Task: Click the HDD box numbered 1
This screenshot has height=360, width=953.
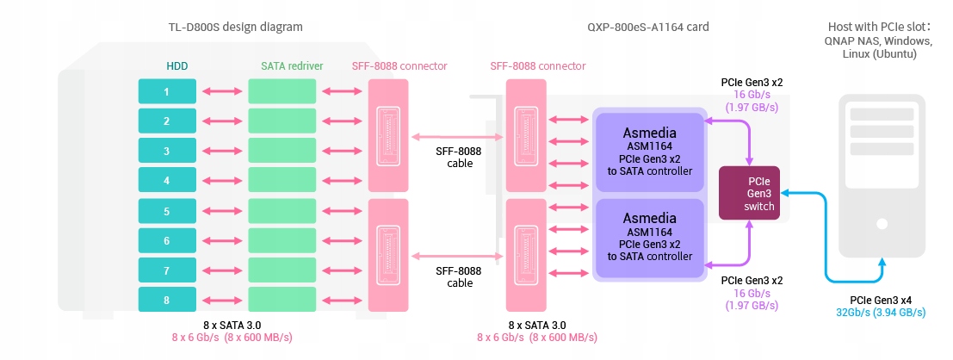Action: coord(167,91)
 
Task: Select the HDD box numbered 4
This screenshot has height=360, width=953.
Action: coord(167,181)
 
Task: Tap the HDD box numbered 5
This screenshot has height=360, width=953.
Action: coord(167,211)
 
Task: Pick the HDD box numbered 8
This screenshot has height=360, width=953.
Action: coord(167,301)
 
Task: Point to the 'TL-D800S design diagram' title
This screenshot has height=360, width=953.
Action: coord(235,27)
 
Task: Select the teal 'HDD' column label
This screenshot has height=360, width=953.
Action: coord(177,65)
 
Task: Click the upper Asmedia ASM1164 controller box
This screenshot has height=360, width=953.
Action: coord(650,152)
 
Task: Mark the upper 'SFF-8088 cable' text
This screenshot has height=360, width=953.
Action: coord(459,158)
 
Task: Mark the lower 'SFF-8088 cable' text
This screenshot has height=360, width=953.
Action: coord(459,276)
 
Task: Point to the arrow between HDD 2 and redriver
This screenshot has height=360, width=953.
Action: coord(221,121)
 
